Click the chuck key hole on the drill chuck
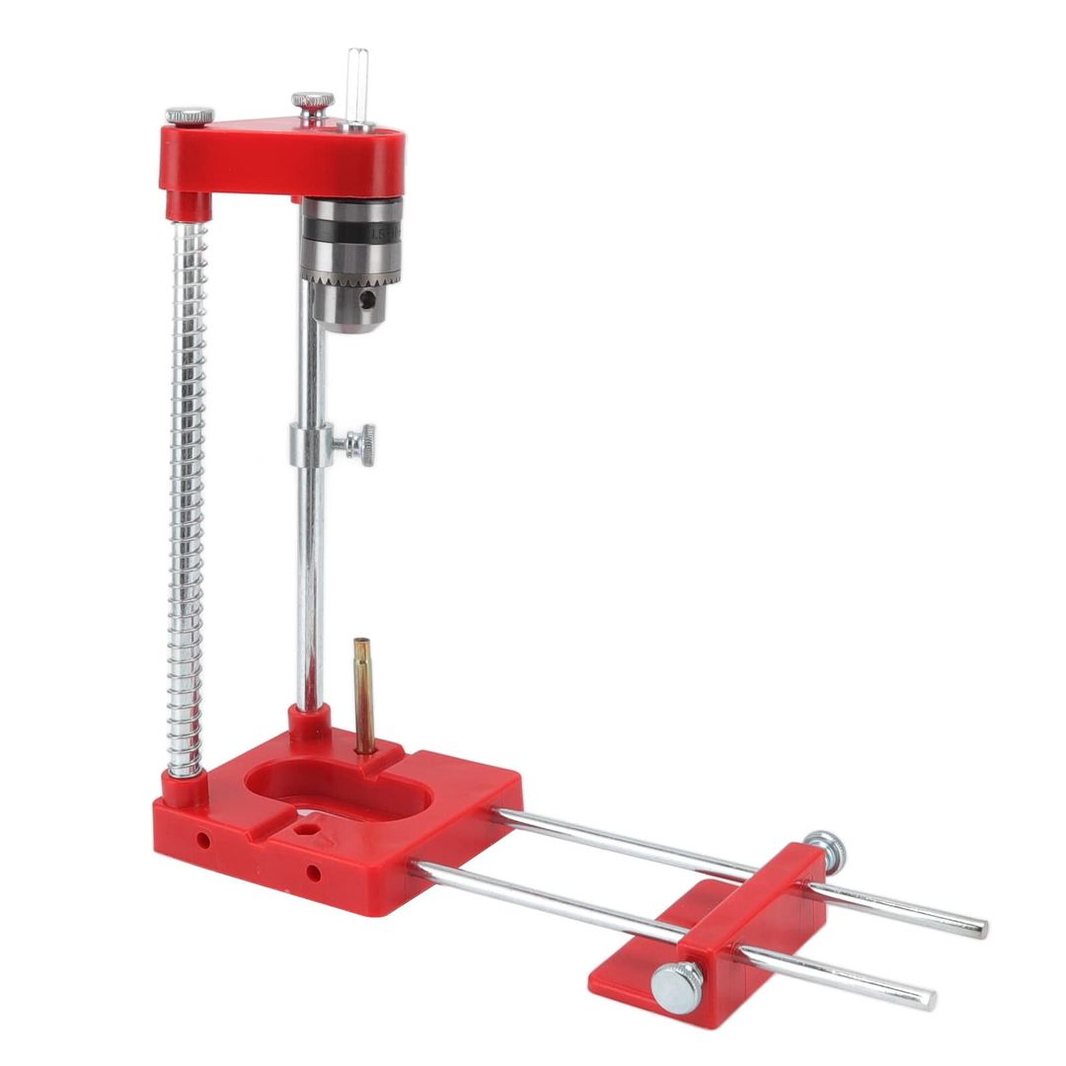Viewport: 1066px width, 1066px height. pyautogui.click(x=368, y=297)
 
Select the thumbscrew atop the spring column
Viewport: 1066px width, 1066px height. pyautogui.click(x=190, y=115)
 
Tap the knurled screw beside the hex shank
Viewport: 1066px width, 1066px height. pyautogui.click(x=312, y=103)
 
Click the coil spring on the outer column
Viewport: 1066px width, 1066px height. pyautogui.click(x=188, y=494)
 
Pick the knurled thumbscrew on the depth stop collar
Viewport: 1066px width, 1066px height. pyautogui.click(x=360, y=446)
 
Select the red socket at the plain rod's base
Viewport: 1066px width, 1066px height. pyautogui.click(x=308, y=723)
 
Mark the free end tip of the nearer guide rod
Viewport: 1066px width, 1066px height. pyautogui.click(x=929, y=999)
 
